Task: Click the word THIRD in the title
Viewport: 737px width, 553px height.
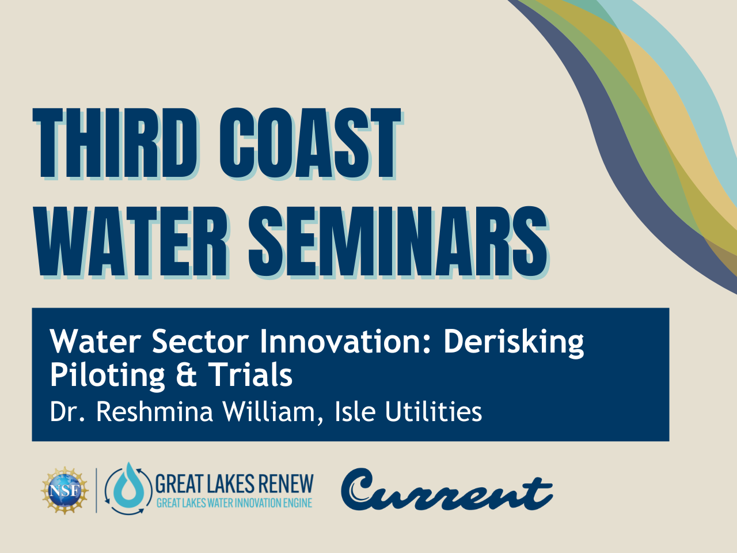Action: tap(116, 143)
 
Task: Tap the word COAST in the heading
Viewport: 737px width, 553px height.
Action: tap(310, 143)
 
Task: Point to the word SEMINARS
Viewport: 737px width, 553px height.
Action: tap(398, 242)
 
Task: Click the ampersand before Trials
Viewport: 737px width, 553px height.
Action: tap(186, 375)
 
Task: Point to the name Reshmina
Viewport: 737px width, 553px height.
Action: tap(155, 412)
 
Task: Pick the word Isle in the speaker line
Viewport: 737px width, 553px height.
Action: tap(355, 412)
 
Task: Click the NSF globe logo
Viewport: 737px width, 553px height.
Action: tap(65, 491)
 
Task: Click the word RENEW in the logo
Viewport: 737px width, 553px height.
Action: tap(287, 484)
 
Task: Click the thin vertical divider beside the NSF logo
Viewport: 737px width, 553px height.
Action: tap(97, 491)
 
